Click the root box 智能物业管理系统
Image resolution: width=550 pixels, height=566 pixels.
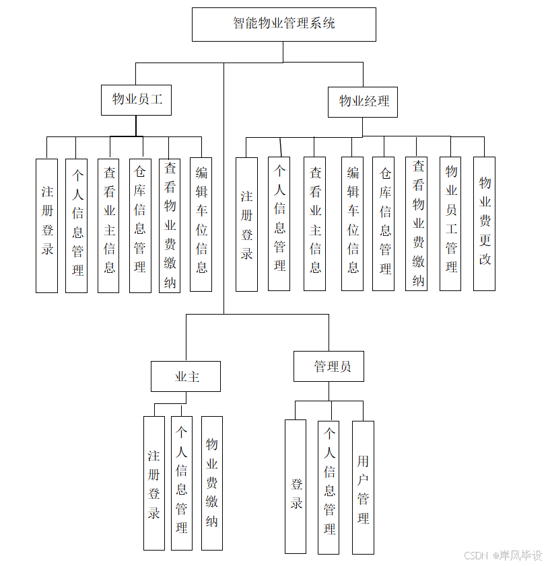tap(283, 24)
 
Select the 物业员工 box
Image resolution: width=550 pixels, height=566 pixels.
tap(136, 100)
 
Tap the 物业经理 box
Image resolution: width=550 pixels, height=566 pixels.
tap(364, 102)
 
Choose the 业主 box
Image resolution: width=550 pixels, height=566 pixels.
tap(186, 376)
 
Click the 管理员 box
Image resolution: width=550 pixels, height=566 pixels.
tap(329, 366)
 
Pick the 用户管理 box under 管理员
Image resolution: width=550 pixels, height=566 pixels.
tap(363, 487)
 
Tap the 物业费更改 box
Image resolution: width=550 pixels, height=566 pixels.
tap(484, 224)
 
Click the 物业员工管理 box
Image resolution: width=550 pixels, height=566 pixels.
tap(450, 224)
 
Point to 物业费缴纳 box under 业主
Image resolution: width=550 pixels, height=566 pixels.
tap(212, 483)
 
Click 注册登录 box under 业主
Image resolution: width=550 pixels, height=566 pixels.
tap(154, 483)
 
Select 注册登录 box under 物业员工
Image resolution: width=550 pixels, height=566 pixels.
tap(47, 226)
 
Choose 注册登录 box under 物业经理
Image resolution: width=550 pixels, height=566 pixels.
tap(247, 225)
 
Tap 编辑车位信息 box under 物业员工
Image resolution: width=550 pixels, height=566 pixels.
tap(201, 225)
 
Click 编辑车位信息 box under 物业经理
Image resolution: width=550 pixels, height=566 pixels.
tap(352, 224)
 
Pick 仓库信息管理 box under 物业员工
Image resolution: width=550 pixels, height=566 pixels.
tap(140, 226)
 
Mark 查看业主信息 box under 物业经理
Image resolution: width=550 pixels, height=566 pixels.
tap(314, 224)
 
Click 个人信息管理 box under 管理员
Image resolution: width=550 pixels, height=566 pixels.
tap(329, 487)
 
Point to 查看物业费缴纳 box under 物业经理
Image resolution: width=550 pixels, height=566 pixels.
tap(417, 224)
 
